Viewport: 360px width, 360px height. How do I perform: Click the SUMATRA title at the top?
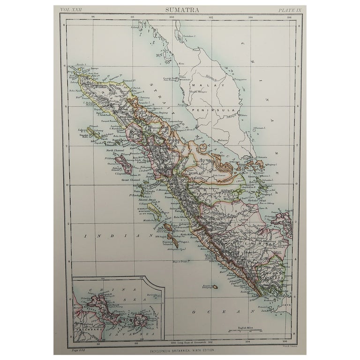180,9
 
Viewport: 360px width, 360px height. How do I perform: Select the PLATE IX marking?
287,9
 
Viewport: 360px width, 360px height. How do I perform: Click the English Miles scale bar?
245,330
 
